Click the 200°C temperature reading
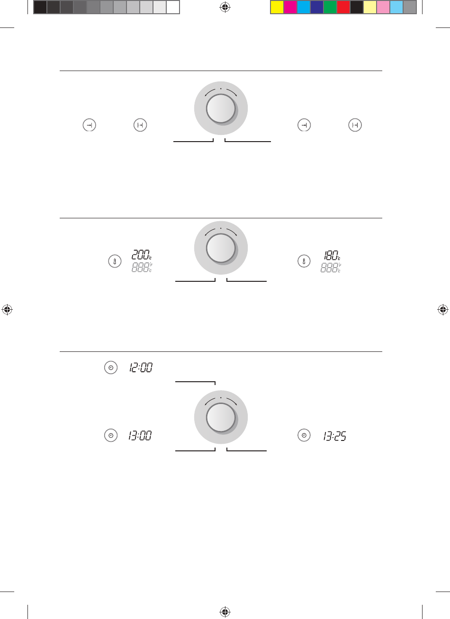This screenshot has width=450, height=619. tap(142, 254)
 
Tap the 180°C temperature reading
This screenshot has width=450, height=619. tap(332, 255)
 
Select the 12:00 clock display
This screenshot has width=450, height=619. tap(141, 368)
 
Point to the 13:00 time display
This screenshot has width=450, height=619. tap(140, 436)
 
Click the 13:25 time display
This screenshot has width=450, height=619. tap(335, 436)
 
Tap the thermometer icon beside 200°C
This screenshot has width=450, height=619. tap(115, 261)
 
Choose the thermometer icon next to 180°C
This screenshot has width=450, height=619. tap(304, 261)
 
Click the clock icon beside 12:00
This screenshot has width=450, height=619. tap(111, 368)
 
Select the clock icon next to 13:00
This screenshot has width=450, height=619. tap(111, 435)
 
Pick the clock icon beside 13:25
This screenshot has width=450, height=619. tap(304, 435)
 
